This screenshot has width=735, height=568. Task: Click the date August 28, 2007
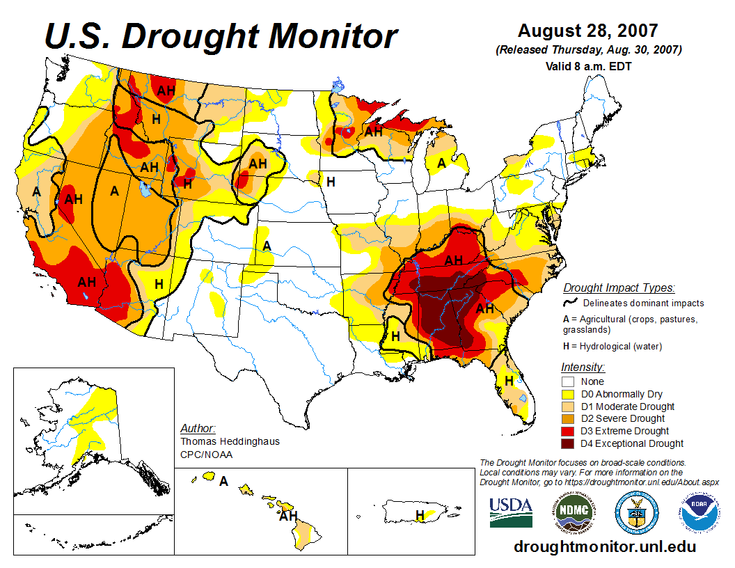point(587,31)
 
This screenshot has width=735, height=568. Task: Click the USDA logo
point(511,512)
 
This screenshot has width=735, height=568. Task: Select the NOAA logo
point(698,512)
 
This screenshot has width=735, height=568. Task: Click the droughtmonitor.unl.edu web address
point(605,546)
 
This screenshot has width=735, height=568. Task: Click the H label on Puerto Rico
point(420,515)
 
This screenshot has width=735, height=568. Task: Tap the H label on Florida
point(509,381)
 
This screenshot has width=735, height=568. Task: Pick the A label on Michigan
point(441,164)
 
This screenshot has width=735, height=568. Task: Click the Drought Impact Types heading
point(619,287)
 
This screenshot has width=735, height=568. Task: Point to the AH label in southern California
point(87,282)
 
